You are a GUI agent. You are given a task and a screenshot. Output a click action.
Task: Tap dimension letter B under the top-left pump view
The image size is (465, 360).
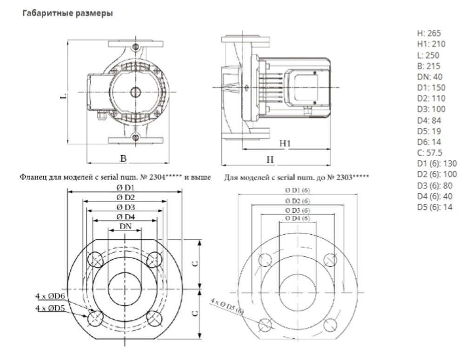(x=123, y=158)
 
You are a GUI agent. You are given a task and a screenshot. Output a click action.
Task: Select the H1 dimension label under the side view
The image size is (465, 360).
(x=286, y=144)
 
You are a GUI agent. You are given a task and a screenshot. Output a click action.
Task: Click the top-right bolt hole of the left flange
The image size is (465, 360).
(x=153, y=259)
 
